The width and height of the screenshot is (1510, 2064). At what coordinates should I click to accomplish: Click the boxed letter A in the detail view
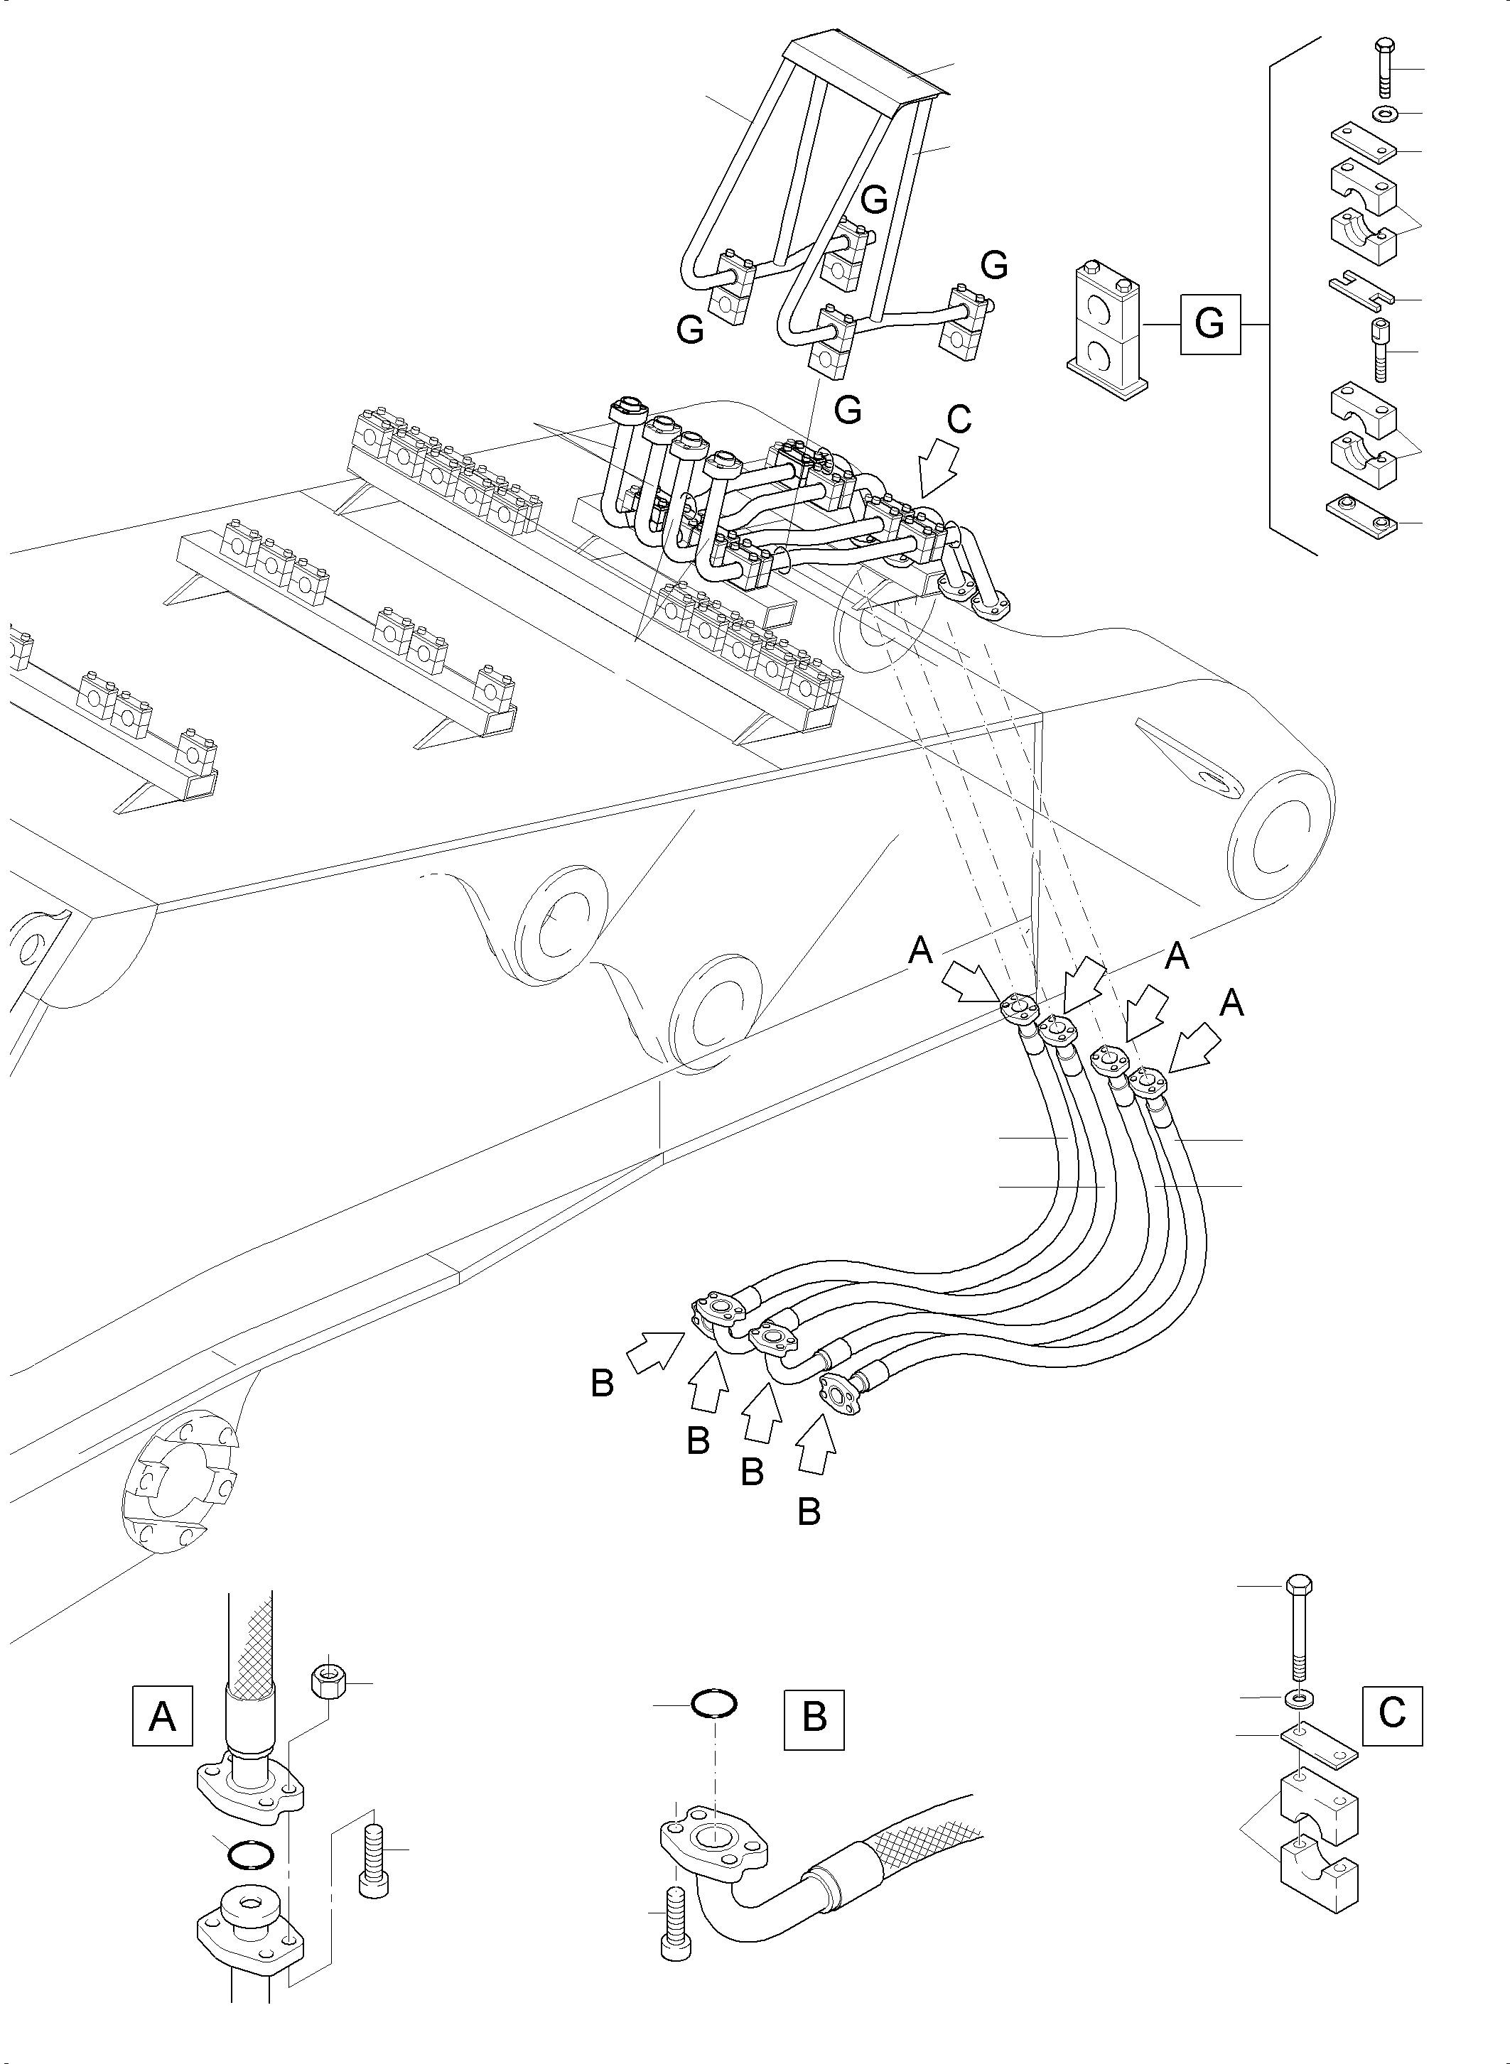(162, 1716)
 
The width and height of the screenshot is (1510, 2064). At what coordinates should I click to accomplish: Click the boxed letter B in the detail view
(814, 1720)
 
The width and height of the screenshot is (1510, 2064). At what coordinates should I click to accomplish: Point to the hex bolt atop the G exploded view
(1381, 68)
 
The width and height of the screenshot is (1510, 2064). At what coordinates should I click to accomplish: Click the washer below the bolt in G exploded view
(1386, 114)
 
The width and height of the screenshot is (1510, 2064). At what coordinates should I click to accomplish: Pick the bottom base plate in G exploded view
(1360, 516)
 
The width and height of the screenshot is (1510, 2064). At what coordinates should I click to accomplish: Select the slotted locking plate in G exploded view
(1360, 290)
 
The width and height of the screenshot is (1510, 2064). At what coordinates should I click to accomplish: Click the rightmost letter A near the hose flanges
(1231, 1004)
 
